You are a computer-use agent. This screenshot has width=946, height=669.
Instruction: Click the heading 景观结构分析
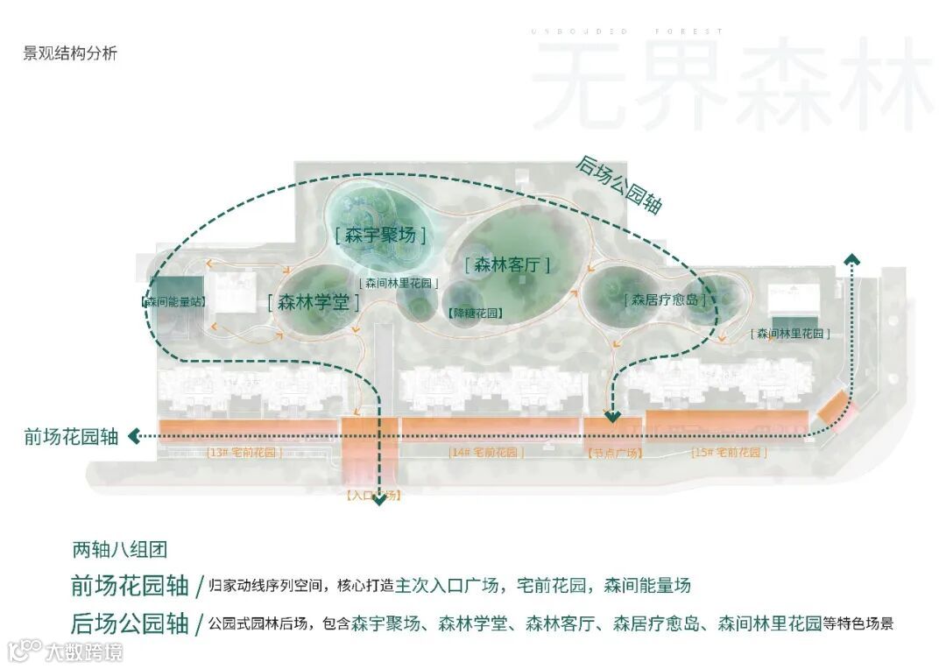(70, 53)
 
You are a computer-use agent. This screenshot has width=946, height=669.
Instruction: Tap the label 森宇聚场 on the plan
(380, 235)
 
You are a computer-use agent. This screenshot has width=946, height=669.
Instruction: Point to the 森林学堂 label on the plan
(314, 303)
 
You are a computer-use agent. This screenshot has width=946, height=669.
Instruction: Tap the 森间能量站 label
(173, 301)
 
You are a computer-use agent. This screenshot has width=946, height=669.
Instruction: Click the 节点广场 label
(614, 453)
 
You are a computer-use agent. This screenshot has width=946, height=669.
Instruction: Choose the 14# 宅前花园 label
(486, 453)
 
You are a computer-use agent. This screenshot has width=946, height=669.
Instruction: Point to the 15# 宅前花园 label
(729, 453)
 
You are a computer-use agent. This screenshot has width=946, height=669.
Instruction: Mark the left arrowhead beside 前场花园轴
(134, 436)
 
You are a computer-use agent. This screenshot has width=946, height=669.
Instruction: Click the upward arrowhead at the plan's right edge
(851, 258)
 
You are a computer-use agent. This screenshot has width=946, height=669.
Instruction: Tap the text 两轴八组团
(119, 550)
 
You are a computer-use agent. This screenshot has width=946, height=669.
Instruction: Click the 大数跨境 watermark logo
(65, 651)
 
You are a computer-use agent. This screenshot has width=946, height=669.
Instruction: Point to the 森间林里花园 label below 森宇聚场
(399, 283)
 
